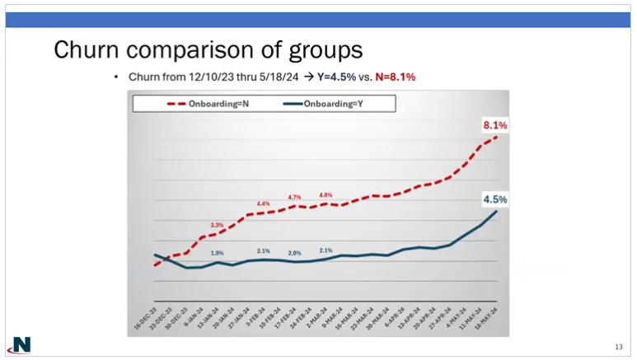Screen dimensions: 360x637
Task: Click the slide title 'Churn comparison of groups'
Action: click(208, 49)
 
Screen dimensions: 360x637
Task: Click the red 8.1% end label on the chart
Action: click(494, 125)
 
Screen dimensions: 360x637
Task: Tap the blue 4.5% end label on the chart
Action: click(494, 199)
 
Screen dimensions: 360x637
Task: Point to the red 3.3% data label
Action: click(217, 224)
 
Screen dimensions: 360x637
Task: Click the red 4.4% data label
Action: click(263, 203)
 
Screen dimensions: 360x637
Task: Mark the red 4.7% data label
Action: click(294, 197)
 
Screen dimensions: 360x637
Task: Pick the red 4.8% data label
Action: click(326, 195)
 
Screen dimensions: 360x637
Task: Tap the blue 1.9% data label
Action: click(217, 253)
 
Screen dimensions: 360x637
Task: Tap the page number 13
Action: click(618, 346)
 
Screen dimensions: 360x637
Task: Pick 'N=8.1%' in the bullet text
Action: click(395, 77)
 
